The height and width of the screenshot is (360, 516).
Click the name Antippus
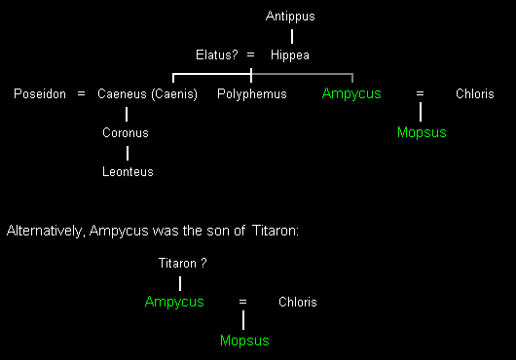290,17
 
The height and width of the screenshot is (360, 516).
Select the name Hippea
290,54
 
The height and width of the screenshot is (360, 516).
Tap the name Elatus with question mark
216,54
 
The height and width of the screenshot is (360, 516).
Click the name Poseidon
40,93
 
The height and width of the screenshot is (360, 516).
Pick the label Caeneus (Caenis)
147,94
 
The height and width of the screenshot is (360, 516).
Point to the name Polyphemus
252,94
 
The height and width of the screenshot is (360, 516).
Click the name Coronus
126,133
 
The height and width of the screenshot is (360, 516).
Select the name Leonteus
128,171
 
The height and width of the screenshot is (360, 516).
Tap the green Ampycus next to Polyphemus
351,93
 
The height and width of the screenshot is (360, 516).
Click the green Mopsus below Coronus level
422,132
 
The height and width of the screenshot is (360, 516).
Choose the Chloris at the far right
475,93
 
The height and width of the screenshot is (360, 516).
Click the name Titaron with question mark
183,263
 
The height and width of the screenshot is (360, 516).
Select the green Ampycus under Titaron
174,302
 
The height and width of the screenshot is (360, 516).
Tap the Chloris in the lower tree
298,302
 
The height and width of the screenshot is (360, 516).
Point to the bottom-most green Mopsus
244,341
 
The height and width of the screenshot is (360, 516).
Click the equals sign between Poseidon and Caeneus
81,94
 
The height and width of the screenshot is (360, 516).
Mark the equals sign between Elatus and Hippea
251,54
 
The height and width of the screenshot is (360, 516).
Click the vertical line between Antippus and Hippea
292,37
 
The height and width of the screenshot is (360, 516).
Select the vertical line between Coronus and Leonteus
128,153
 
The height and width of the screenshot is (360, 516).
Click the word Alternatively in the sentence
44,231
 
